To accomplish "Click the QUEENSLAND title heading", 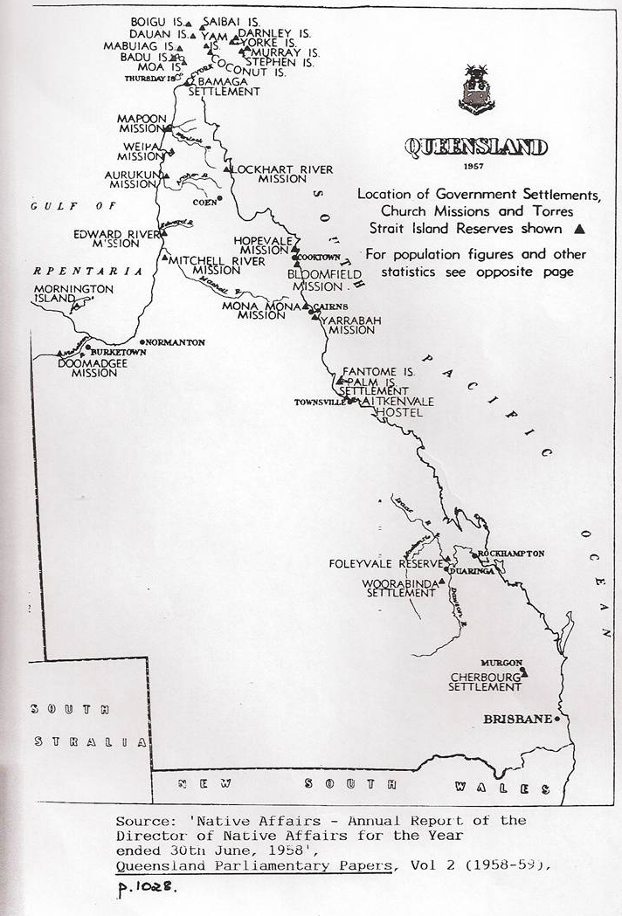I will [476, 147].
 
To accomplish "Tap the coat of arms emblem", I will [476, 89].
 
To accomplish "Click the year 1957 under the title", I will [476, 166].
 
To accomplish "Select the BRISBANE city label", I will [518, 719].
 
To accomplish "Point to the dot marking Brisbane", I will [557, 718].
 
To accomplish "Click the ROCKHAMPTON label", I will [510, 554].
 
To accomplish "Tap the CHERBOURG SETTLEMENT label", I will [485, 682].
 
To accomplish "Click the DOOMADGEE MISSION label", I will [87, 367].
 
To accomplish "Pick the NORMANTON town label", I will [176, 342].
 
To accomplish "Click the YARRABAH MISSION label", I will [348, 326].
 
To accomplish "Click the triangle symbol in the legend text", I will [577, 230].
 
